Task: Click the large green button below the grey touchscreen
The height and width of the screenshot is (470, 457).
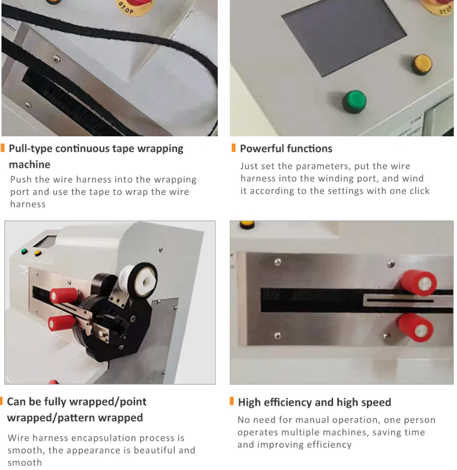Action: click(355, 101)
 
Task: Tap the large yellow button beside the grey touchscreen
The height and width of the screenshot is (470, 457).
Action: click(422, 64)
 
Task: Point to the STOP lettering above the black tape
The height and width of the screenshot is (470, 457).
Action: click(126, 8)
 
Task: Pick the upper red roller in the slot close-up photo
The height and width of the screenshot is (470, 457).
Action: click(418, 283)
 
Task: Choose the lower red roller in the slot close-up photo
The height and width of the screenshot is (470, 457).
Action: click(416, 328)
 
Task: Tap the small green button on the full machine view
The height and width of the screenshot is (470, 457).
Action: click(24, 251)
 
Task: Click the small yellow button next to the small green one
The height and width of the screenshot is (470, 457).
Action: click(38, 253)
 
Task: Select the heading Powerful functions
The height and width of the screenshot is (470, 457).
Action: click(286, 149)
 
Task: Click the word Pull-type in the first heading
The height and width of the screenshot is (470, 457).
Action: click(30, 149)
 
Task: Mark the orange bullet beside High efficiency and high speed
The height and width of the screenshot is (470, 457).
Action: click(232, 401)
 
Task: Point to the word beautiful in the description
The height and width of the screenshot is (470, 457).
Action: click(155, 450)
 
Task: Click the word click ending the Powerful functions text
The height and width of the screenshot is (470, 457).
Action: click(418, 190)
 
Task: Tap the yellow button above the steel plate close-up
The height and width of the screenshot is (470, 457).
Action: click(247, 224)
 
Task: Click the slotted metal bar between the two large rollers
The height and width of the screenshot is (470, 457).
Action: click(408, 300)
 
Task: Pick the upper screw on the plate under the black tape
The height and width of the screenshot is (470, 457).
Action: click(56, 58)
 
